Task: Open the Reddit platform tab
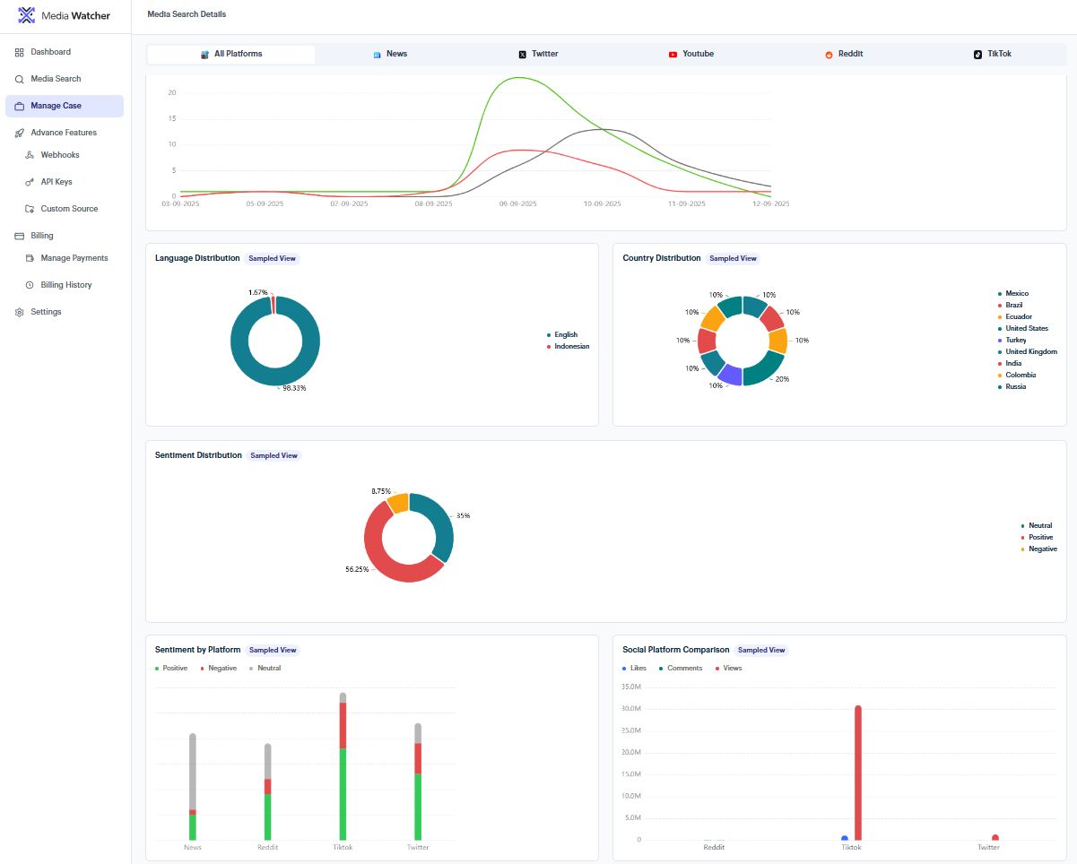tap(844, 54)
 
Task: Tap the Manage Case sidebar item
tap(56, 106)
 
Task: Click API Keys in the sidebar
tap(56, 182)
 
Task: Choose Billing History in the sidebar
tap(65, 285)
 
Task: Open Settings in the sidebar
tap(46, 312)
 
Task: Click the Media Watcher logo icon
tap(27, 15)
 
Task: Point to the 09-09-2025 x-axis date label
tap(517, 204)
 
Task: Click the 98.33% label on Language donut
tap(294, 388)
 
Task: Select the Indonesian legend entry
tap(571, 346)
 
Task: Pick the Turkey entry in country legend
tap(1015, 341)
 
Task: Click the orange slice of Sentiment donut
tap(397, 503)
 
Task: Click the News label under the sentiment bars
tap(193, 847)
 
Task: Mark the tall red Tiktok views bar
tap(858, 771)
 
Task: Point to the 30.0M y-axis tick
tap(630, 709)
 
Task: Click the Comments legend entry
tap(684, 669)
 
